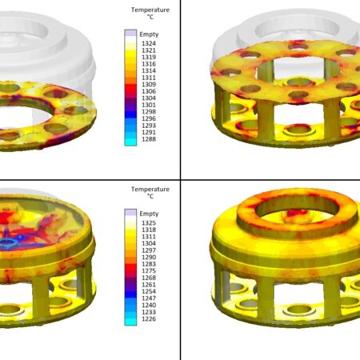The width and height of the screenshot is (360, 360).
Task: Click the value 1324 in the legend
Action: [x=149, y=43]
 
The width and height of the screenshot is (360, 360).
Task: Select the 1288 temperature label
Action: [x=149, y=139]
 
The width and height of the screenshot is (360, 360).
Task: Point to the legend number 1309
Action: [x=149, y=84]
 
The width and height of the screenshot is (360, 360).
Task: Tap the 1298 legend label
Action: [x=149, y=112]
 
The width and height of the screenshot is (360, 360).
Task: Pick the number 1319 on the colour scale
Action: [x=149, y=57]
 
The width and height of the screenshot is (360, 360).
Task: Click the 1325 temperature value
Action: [x=149, y=223]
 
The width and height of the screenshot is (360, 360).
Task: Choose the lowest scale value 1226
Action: [x=149, y=318]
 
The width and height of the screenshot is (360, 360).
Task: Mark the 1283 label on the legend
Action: [x=149, y=264]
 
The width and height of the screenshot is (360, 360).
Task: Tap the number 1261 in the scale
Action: [x=149, y=285]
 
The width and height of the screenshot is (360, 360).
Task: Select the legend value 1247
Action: [x=149, y=298]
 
